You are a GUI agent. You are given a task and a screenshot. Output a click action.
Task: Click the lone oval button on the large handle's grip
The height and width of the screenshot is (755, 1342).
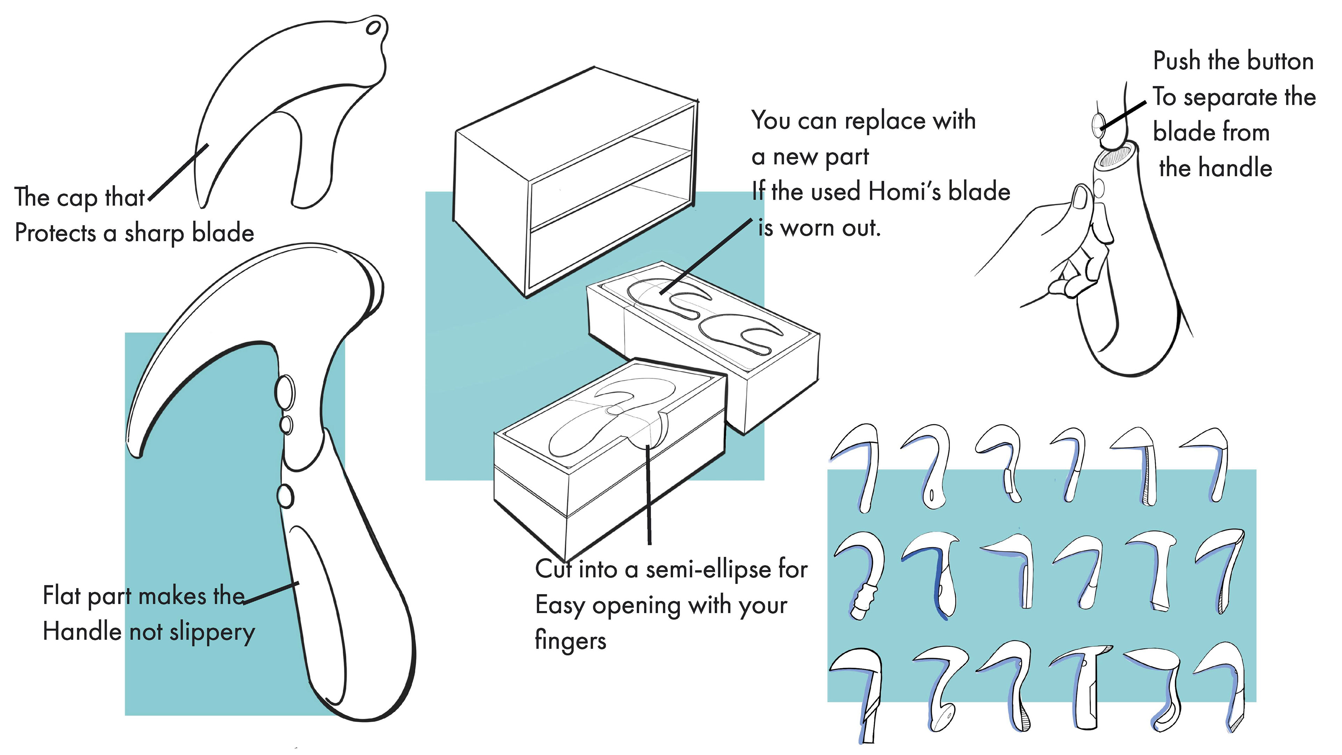coord(286,496)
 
